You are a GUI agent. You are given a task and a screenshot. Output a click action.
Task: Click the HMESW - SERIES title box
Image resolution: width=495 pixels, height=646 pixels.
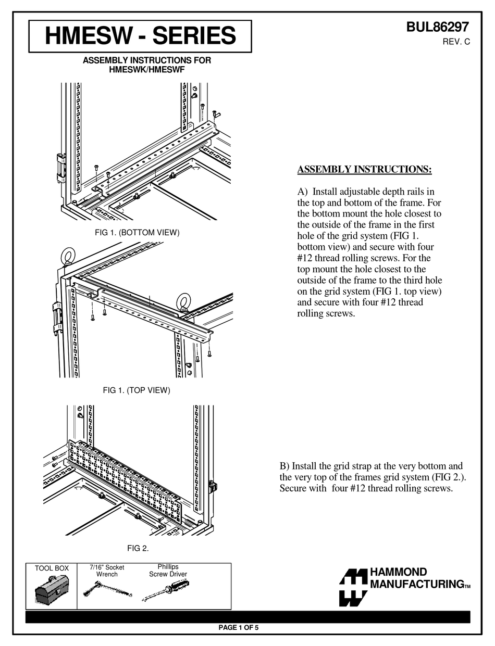140,36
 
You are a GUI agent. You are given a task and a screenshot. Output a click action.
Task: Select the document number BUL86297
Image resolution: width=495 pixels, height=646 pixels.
438,28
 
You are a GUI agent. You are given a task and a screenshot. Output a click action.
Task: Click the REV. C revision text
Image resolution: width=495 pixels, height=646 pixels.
456,42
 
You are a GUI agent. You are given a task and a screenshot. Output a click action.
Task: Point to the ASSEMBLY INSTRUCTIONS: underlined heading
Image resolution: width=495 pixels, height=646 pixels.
364,170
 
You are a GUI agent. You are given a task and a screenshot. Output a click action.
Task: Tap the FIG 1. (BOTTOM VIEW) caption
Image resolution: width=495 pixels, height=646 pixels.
137,233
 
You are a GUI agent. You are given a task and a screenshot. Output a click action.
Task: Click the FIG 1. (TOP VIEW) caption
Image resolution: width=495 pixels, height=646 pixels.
137,390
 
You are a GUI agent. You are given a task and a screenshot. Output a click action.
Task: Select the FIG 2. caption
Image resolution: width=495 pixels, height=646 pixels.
138,548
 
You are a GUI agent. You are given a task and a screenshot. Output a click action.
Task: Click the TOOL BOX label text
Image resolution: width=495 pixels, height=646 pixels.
52,568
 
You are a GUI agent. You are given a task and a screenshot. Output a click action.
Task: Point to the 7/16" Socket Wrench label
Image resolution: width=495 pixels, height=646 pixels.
107,571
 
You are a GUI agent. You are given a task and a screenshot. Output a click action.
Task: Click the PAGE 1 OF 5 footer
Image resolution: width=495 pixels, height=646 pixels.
238,627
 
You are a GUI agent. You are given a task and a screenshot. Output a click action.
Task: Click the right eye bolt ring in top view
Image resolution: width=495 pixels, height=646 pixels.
183,301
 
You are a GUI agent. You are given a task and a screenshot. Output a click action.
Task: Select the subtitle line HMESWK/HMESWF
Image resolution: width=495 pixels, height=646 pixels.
147,69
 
